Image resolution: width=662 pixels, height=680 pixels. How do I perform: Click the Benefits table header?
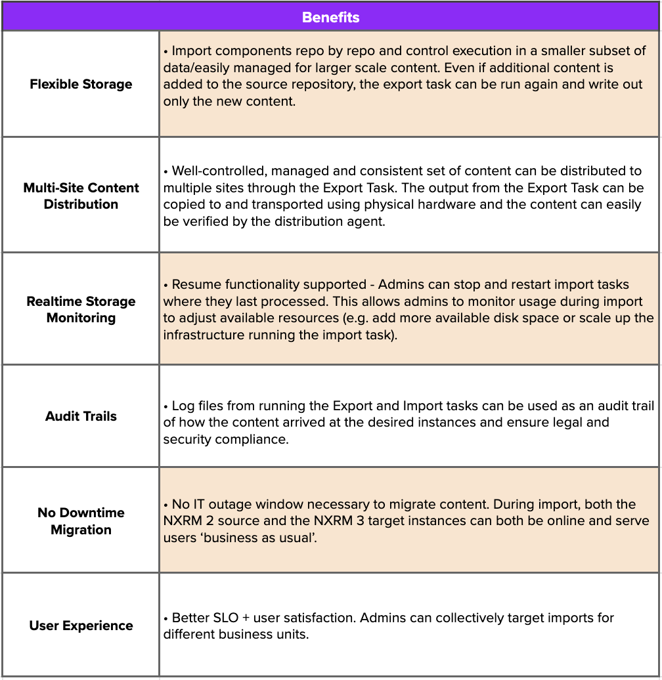pyautogui.click(x=330, y=16)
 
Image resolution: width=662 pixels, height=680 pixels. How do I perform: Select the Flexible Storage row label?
pyautogui.click(x=81, y=84)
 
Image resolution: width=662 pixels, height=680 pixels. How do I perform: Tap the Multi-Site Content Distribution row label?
pyautogui.click(x=81, y=196)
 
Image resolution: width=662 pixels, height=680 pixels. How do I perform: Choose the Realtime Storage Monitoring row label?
pyautogui.click(x=81, y=309)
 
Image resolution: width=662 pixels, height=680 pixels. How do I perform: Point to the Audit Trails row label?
pyautogui.click(x=81, y=416)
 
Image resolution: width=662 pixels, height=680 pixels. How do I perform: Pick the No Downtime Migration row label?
pyautogui.click(x=81, y=521)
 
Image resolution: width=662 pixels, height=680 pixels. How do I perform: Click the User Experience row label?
pyautogui.click(x=81, y=626)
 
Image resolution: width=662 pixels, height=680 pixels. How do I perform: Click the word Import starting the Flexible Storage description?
pyautogui.click(x=192, y=51)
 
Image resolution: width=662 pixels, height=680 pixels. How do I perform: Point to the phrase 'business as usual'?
pyautogui.click(x=253, y=538)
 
